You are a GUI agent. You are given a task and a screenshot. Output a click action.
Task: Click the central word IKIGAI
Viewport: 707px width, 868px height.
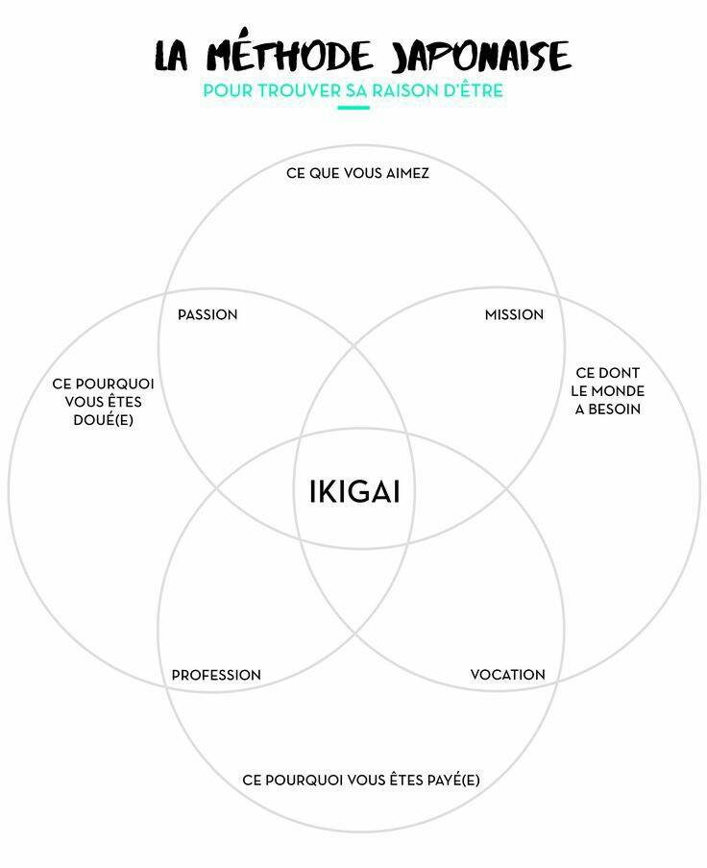(354, 491)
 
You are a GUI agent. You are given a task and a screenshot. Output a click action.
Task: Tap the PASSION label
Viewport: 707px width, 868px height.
(207, 315)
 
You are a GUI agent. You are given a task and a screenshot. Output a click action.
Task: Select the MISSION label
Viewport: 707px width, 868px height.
(514, 315)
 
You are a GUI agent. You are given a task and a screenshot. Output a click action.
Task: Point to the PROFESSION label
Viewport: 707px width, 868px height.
(216, 676)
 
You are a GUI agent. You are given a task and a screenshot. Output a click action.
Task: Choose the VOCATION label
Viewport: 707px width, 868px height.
(508, 675)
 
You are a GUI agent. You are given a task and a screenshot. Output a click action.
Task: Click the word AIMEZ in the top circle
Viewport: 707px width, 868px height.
(407, 173)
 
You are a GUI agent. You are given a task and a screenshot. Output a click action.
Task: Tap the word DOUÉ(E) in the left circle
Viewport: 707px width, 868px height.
(104, 420)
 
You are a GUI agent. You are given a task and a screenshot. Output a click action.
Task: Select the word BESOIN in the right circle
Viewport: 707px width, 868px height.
(614, 409)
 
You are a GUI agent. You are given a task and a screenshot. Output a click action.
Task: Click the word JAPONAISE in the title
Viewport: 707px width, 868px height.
(480, 56)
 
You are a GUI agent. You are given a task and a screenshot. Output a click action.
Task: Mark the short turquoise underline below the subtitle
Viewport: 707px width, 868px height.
(353, 108)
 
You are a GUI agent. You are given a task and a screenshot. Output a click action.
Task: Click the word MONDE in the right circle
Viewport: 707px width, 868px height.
(618, 391)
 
